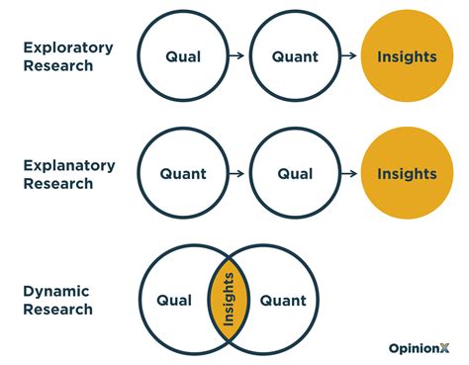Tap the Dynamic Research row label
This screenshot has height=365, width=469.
click(x=58, y=299)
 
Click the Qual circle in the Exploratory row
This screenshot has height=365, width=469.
click(x=183, y=56)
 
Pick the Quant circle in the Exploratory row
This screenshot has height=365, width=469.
click(x=295, y=56)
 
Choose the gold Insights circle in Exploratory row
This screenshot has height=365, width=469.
click(x=407, y=56)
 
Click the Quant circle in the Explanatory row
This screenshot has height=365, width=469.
click(x=183, y=174)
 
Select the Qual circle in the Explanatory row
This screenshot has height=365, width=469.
click(x=295, y=174)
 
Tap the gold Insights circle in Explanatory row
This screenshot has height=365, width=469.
click(x=407, y=174)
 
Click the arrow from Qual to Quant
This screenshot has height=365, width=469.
click(x=238, y=56)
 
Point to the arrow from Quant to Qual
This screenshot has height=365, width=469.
click(x=238, y=174)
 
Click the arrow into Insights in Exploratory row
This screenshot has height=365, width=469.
click(x=350, y=56)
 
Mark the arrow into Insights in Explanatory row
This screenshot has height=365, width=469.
click(x=350, y=174)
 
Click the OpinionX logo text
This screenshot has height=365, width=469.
click(x=420, y=346)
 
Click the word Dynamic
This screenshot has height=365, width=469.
click(x=57, y=290)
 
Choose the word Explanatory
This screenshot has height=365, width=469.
click(x=67, y=164)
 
